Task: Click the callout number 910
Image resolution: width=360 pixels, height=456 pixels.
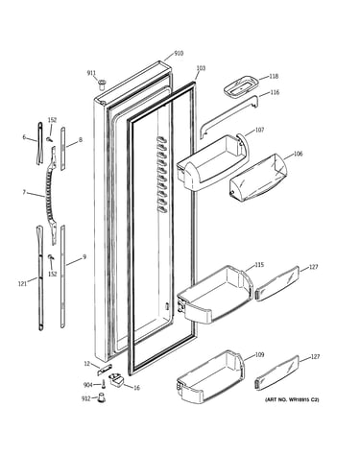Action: [x=179, y=53]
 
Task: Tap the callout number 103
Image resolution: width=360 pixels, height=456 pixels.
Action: [x=201, y=68]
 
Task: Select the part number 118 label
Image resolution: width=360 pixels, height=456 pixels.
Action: [x=274, y=76]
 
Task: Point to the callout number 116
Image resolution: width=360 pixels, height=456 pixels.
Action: [x=275, y=92]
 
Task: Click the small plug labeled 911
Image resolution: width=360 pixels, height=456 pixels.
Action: [x=103, y=84]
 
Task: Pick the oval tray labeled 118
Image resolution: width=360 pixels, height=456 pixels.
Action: [x=241, y=85]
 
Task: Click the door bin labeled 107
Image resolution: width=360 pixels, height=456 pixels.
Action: [x=212, y=164]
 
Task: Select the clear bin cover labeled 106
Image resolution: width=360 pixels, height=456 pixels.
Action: [x=258, y=179]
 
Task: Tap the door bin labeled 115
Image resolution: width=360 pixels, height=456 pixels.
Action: [x=215, y=295]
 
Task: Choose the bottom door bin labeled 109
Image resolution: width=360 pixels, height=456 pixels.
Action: [x=210, y=376]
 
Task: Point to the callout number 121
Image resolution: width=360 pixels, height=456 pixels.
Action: [x=22, y=283]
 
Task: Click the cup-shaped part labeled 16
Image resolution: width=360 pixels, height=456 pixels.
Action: [x=116, y=379]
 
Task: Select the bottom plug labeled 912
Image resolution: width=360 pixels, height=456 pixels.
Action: [x=101, y=397]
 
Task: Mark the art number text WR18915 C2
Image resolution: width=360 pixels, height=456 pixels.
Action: [x=303, y=399]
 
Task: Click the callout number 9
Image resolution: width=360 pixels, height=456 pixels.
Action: [x=84, y=256]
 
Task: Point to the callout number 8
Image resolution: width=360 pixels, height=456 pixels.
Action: [x=81, y=139]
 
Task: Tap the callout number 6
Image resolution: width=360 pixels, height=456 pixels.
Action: [x=24, y=137]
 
